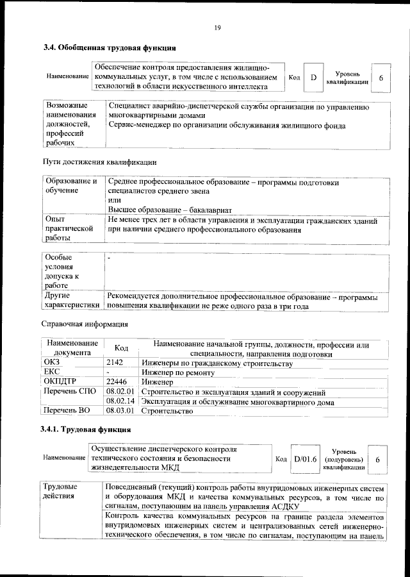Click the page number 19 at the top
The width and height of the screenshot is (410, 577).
click(217, 27)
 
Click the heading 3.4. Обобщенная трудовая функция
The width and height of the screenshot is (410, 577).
click(110, 48)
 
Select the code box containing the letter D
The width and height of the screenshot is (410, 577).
click(313, 78)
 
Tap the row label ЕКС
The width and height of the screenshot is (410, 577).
click(51, 372)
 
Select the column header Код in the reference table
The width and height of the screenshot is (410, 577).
click(121, 348)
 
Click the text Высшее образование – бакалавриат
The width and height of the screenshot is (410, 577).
click(170, 210)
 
